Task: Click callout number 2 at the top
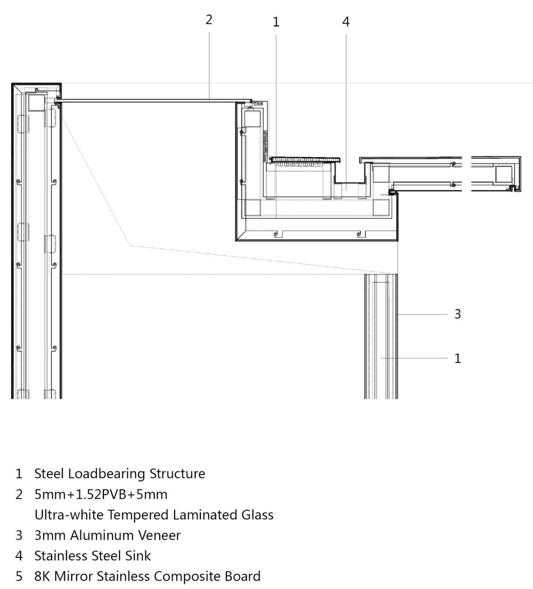pos(209,20)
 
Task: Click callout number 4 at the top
pos(346,22)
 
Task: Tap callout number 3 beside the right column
pos(457,313)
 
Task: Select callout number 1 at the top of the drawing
pos(276,22)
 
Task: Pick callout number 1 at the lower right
pos(457,358)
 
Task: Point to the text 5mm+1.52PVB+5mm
pos(101,494)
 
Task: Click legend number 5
pos(19,576)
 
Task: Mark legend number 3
pos(19,536)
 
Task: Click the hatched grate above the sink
pos(306,160)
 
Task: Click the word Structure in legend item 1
pos(177,474)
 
